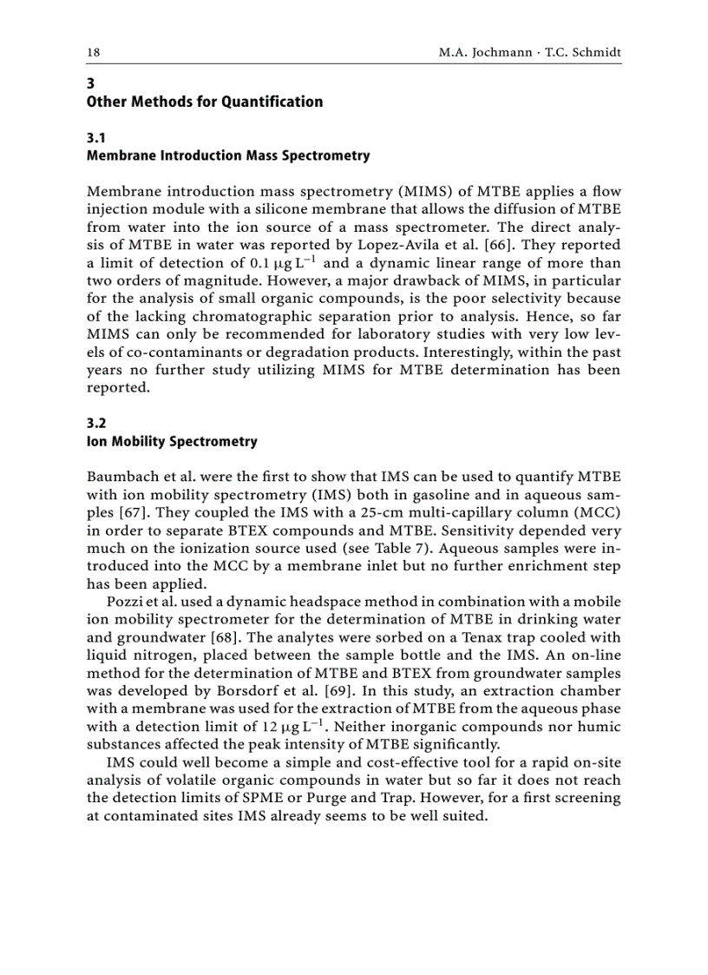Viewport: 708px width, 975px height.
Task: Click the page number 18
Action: [x=93, y=52]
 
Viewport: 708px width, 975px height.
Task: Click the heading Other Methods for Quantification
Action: [x=204, y=102]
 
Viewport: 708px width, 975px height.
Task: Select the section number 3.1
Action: [x=96, y=138]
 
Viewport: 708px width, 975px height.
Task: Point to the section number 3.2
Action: [x=96, y=424]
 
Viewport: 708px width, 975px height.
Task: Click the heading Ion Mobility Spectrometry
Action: [x=172, y=442]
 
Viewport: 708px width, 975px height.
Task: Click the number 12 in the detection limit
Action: [x=272, y=728]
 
